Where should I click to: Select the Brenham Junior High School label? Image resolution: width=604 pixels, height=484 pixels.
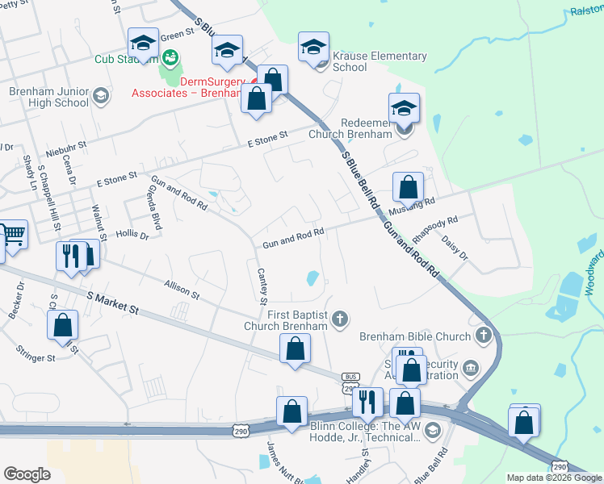tap(48, 98)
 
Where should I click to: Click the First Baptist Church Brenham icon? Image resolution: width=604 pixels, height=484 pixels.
tap(341, 319)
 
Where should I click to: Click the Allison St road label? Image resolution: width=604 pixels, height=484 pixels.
tap(181, 289)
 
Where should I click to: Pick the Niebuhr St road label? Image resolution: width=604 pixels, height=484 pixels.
tap(66, 148)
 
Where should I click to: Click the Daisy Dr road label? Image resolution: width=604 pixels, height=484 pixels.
tap(454, 248)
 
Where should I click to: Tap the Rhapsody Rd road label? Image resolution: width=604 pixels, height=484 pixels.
tap(434, 227)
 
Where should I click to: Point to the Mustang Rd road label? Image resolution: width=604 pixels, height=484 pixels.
tap(411, 207)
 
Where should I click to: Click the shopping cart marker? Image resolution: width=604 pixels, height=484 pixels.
tap(12, 235)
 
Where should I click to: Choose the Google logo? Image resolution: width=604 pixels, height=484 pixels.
tap(27, 474)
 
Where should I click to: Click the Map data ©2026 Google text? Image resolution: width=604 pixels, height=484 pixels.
tap(553, 478)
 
